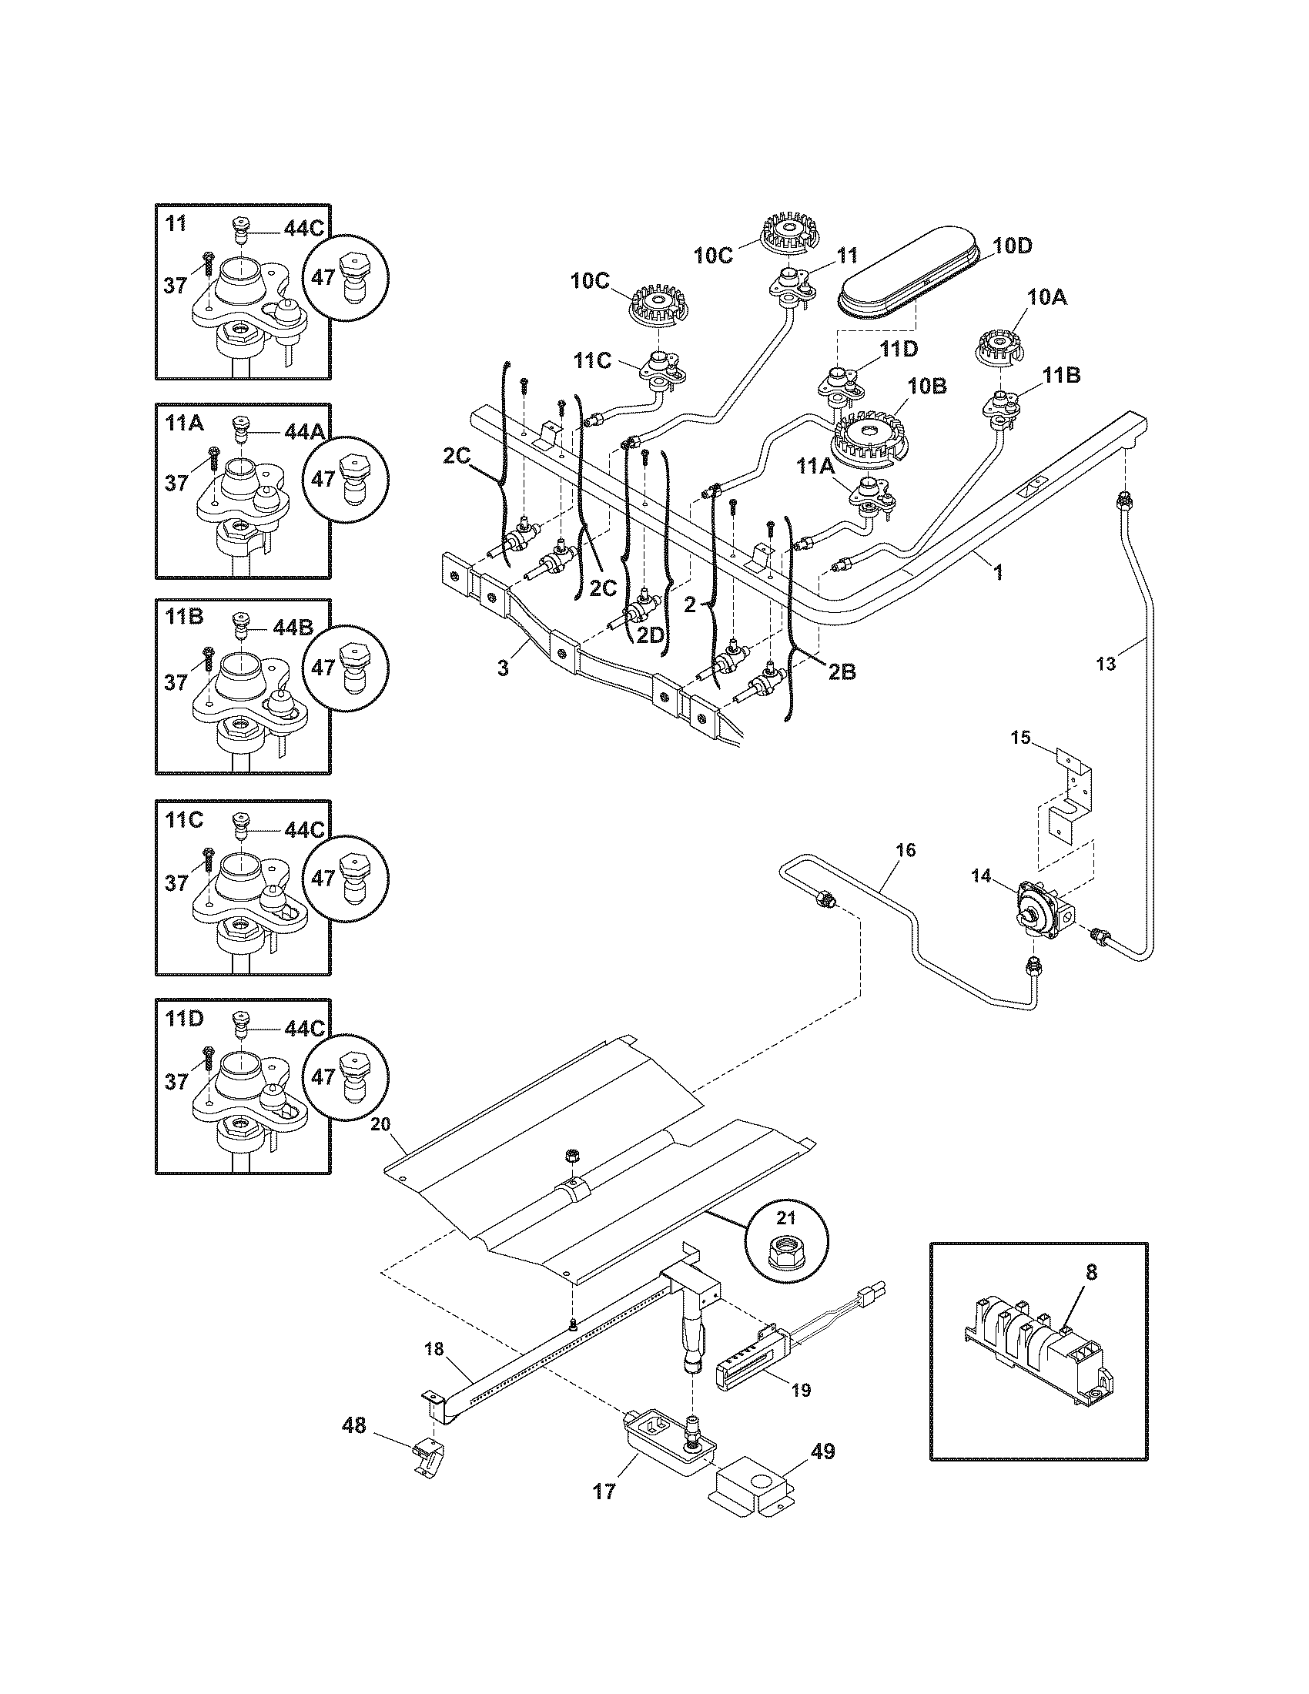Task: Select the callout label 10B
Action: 929,386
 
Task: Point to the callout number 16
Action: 905,850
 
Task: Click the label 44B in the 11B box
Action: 293,627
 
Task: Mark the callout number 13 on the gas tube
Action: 1106,663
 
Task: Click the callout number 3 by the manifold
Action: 504,668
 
